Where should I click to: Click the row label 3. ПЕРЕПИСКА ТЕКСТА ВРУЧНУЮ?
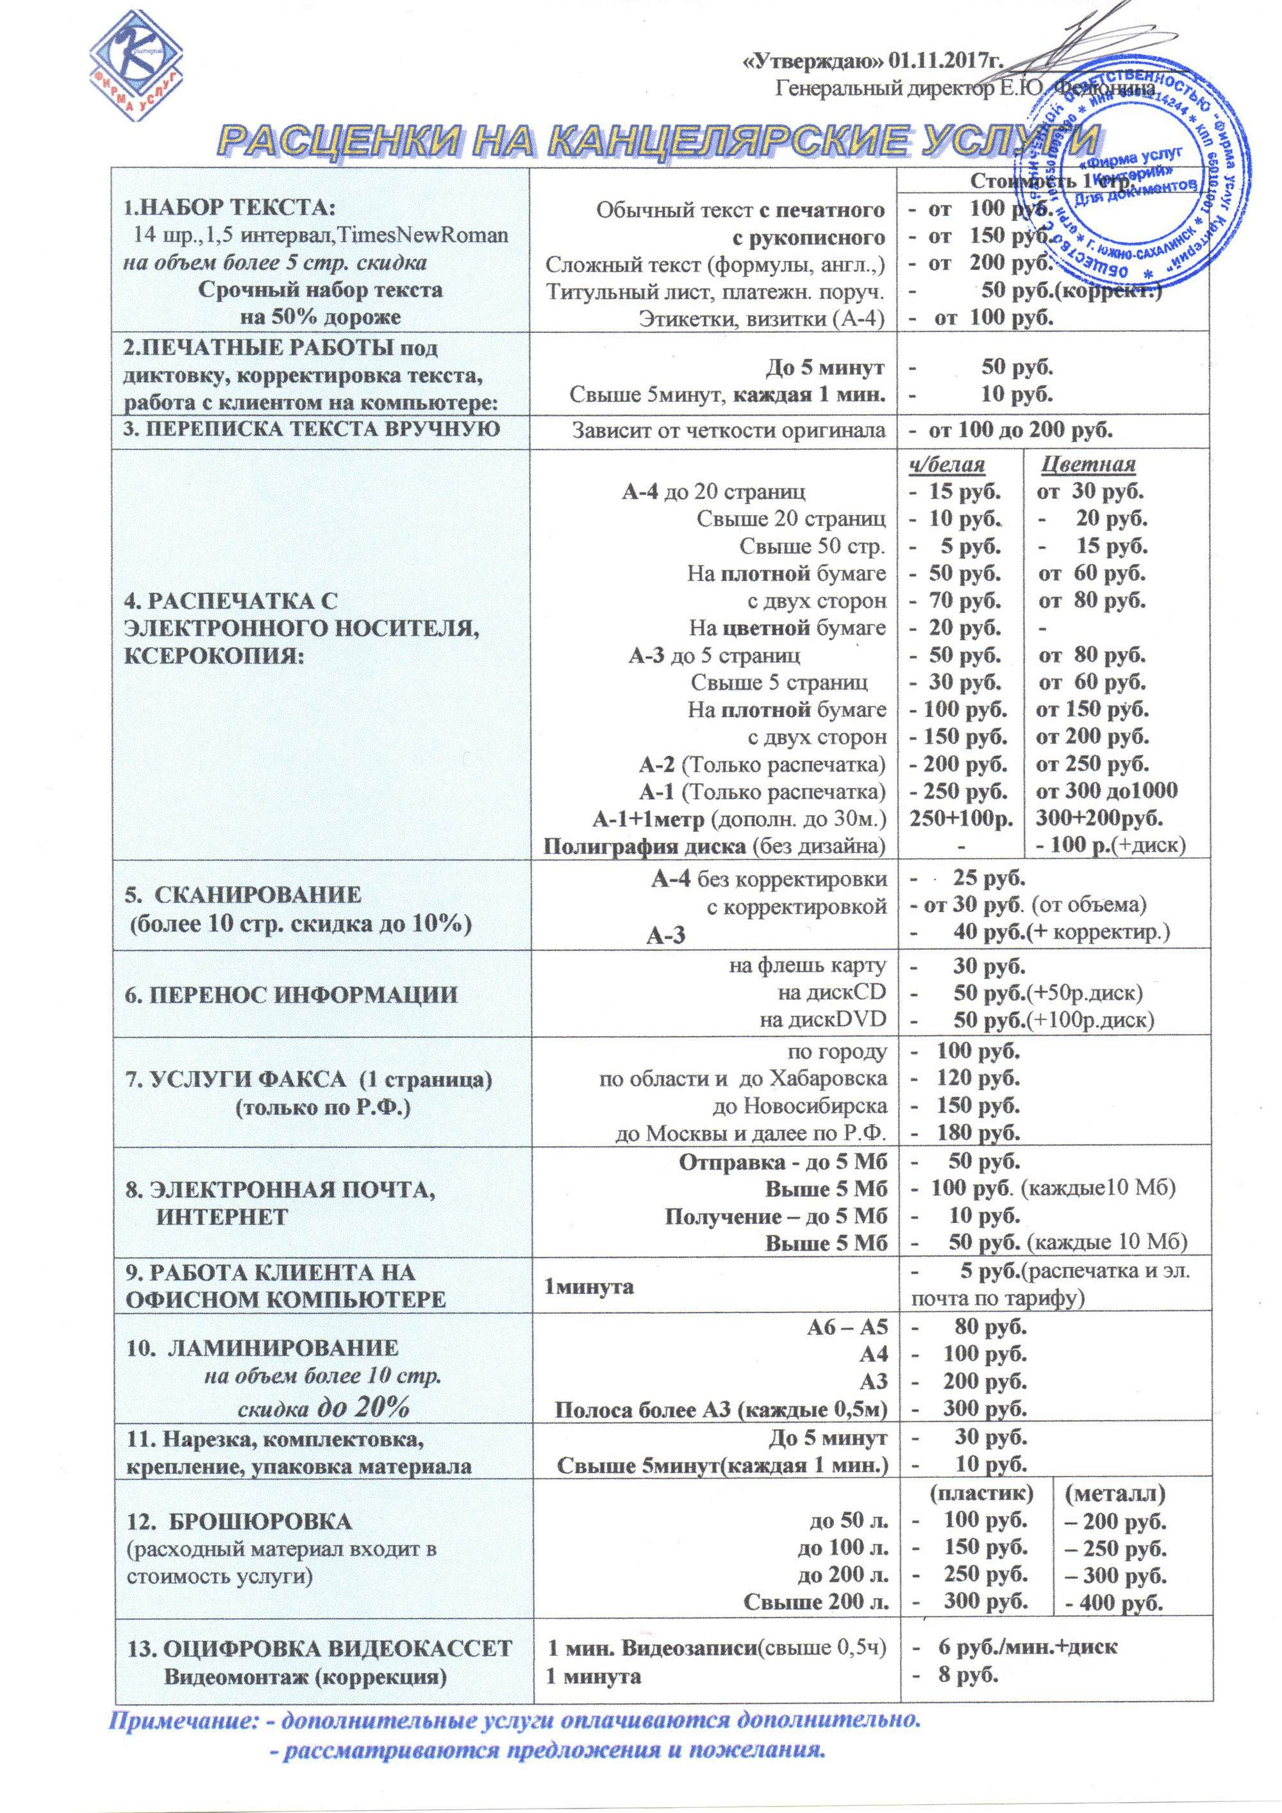pos(313,429)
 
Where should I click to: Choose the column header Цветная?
pos(1088,463)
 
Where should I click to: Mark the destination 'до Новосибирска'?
pos(799,1105)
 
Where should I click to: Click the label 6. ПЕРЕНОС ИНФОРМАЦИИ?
pos(292,994)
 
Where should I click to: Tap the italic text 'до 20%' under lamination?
pos(363,1407)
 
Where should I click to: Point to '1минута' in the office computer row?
pos(588,1286)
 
